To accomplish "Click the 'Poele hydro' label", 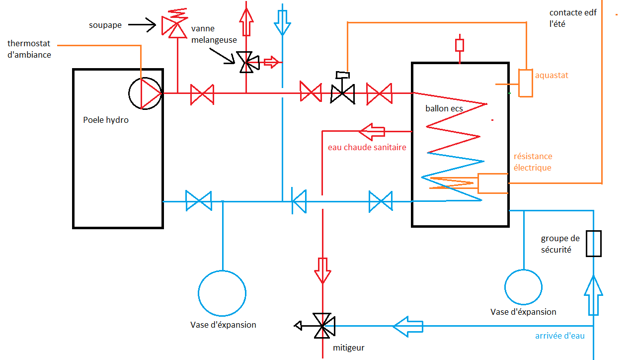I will click(x=106, y=120).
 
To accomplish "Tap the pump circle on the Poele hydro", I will click(x=145, y=93).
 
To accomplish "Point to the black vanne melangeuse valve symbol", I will click(x=247, y=62).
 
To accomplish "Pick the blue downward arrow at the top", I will click(x=282, y=20).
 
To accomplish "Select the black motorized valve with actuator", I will click(x=343, y=90).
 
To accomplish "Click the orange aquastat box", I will click(x=525, y=83).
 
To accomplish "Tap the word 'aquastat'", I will click(x=552, y=76).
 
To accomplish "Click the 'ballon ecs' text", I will click(x=444, y=108).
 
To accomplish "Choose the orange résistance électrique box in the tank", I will click(x=492, y=183).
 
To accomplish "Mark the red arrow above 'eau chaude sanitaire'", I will click(x=372, y=131).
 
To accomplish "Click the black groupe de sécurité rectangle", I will click(x=593, y=244).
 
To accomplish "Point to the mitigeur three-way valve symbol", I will click(x=323, y=326).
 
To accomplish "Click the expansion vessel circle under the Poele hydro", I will click(x=222, y=293).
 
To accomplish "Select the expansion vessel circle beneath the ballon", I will click(x=523, y=287).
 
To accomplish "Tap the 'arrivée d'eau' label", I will click(x=559, y=336).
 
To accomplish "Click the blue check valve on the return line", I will click(x=299, y=201).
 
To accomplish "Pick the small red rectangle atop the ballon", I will click(x=460, y=45).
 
